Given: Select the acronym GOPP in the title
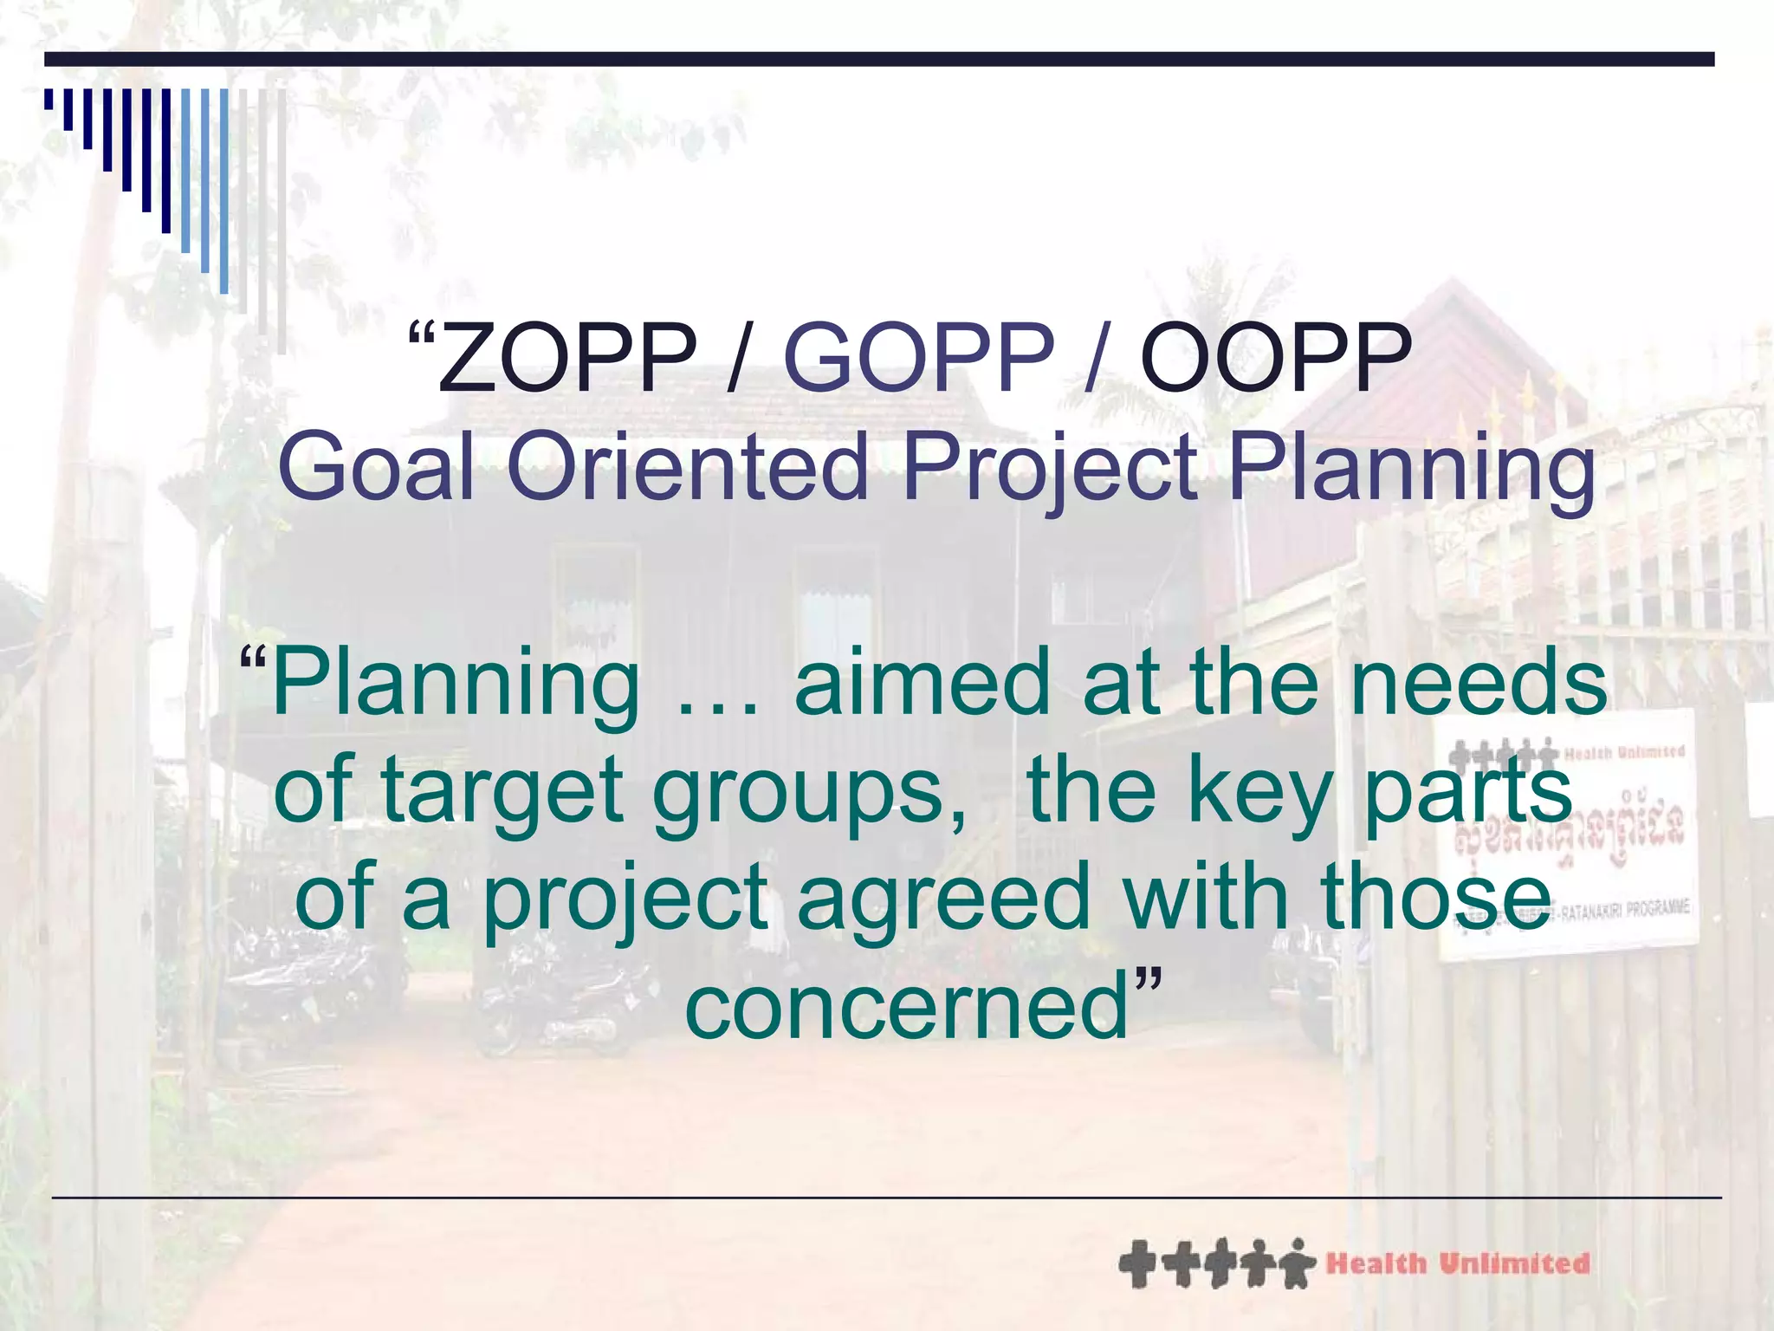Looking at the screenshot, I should pos(918,358).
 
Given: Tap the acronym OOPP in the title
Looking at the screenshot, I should pos(1275,358).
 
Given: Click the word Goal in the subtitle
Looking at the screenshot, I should pos(377,468).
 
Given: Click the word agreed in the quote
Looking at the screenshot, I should pos(942,901).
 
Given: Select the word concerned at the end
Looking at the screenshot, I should pos(907,1008).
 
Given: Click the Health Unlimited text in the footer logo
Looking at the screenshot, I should pos(1458,1263).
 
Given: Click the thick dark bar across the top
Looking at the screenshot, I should pos(878,59).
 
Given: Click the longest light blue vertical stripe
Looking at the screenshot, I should pos(224,191).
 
